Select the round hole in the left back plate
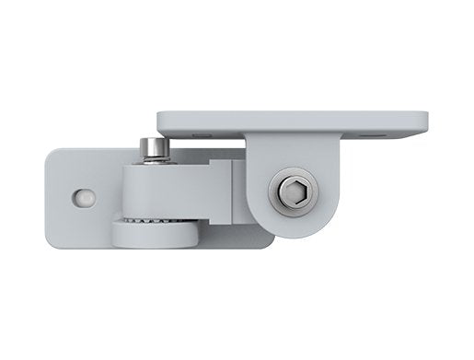coord(85,198)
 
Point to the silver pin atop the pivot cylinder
coord(154,147)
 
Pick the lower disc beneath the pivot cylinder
coord(154,237)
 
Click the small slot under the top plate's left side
coord(203,134)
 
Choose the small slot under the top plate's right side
coord(372,134)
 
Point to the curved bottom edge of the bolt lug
coord(295,234)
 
